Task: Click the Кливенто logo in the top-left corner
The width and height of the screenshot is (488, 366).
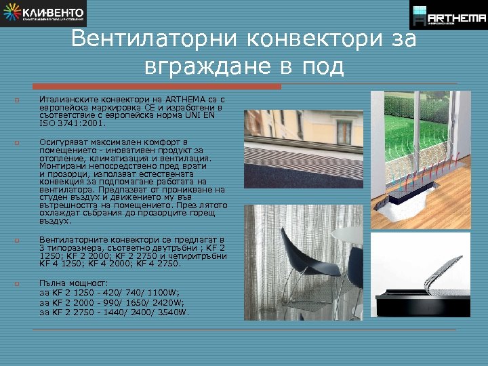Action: point(44,14)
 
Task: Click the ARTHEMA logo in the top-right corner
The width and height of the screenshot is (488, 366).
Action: point(448,15)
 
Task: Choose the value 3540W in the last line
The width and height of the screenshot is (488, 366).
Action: point(174,312)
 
